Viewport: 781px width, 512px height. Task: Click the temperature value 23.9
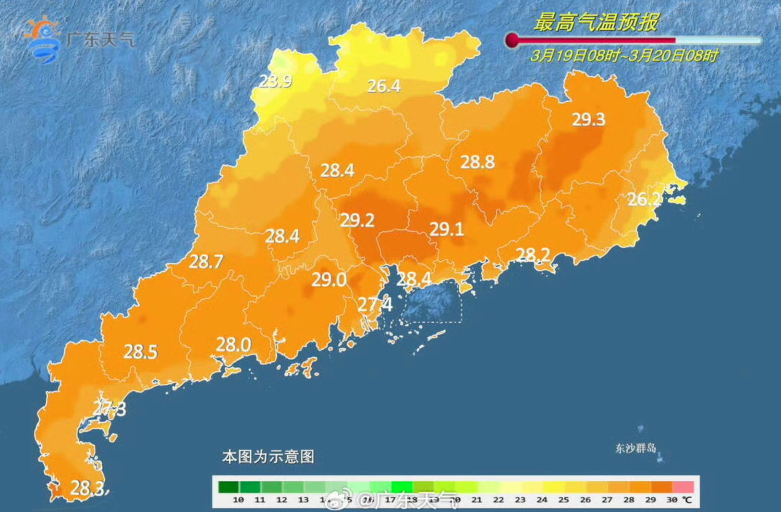tap(275, 81)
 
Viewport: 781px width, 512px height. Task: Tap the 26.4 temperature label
tap(384, 86)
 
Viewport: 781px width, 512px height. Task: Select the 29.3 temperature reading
tap(588, 120)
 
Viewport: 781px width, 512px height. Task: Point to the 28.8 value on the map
tap(477, 162)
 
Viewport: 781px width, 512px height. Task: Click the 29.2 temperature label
tap(357, 220)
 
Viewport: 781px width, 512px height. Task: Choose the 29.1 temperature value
tap(447, 229)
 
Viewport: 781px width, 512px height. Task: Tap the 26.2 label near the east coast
tap(644, 199)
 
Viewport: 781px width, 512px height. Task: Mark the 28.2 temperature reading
tap(533, 255)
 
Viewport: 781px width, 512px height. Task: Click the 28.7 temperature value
tap(206, 261)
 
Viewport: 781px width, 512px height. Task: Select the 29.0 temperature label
tap(329, 280)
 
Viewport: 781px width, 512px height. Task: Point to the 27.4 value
tap(375, 304)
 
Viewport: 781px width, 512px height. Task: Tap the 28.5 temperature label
tap(140, 352)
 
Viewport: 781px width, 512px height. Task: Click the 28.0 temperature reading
tap(233, 344)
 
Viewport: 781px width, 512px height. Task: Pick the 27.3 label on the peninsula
tap(110, 409)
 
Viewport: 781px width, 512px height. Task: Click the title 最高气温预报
tap(597, 22)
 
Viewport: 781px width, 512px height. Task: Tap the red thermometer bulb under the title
tap(512, 40)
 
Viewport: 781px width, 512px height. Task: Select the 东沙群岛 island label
tap(635, 448)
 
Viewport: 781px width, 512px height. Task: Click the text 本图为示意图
tap(268, 456)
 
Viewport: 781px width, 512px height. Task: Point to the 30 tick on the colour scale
tap(671, 500)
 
